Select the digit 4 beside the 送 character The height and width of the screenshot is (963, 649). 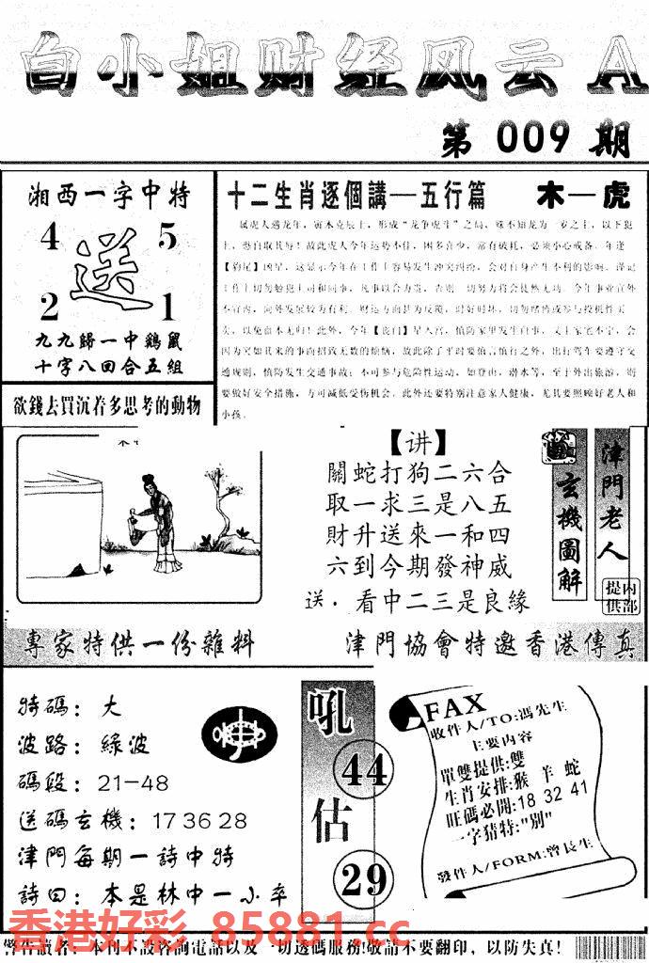tap(48, 241)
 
